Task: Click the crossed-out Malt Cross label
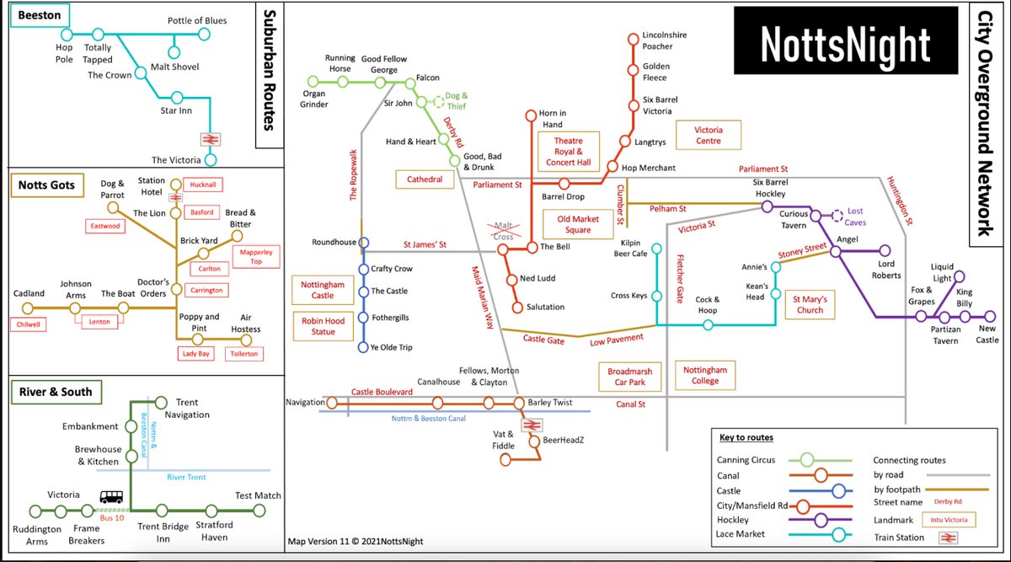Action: [505, 232]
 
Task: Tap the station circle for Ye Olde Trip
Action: [364, 347]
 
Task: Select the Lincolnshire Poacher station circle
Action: [634, 38]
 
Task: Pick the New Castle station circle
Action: [989, 317]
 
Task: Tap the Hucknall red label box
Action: [202, 184]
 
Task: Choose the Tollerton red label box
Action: [245, 354]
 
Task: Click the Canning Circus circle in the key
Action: [806, 460]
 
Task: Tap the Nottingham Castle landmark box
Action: [323, 291]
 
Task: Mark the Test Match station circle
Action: [258, 511]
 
